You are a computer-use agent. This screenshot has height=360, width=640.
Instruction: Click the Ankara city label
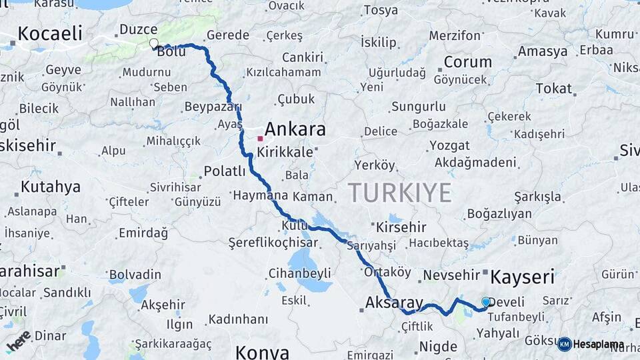click(x=295, y=129)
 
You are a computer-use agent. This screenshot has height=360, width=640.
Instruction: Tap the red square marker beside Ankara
click(x=260, y=139)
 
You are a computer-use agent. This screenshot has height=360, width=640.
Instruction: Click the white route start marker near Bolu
click(x=154, y=44)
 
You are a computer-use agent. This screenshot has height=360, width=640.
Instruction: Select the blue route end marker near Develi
click(x=485, y=302)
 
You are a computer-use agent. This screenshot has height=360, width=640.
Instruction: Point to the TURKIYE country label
click(x=399, y=193)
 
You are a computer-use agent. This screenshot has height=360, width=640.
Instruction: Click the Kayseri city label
click(x=523, y=276)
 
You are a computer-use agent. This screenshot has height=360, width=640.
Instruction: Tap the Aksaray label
click(x=394, y=303)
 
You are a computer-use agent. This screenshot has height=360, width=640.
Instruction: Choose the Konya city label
click(x=262, y=351)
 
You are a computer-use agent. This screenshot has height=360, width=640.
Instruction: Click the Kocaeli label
click(x=50, y=33)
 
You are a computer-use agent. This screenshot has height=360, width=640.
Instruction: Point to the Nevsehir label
click(x=451, y=275)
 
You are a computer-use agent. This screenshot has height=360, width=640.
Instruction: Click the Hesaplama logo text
click(x=598, y=345)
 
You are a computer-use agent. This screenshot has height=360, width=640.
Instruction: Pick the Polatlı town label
click(x=225, y=171)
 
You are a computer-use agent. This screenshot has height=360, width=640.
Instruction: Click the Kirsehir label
click(x=401, y=227)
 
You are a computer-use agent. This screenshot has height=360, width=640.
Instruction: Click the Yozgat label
click(x=449, y=145)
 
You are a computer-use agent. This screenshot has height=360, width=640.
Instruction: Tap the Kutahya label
click(x=50, y=187)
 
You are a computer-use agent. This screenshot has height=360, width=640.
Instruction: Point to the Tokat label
click(x=553, y=88)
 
